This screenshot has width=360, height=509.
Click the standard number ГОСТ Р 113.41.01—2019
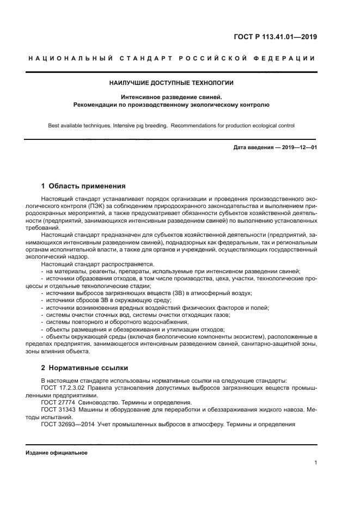tap(276, 37)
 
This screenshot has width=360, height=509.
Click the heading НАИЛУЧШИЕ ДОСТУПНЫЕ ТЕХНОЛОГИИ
tap(172, 83)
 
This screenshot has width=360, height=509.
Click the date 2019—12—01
tap(299, 147)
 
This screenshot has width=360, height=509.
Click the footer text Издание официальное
tap(56, 452)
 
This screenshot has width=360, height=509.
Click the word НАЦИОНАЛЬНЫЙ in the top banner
tap(70, 58)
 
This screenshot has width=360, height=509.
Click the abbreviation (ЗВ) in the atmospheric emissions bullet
tap(179, 292)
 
